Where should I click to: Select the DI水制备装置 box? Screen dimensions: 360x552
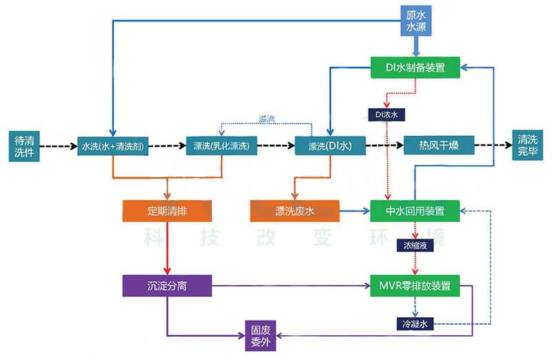pyautogui.click(x=415, y=68)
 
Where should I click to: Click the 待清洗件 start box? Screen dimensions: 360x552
pyautogui.click(x=23, y=146)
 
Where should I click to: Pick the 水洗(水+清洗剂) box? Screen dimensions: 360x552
pyautogui.click(x=112, y=146)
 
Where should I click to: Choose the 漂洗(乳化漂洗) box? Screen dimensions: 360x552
pyautogui.click(x=222, y=146)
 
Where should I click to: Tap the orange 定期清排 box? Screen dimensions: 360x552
pyautogui.click(x=167, y=210)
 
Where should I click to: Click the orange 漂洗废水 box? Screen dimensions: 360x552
pyautogui.click(x=295, y=210)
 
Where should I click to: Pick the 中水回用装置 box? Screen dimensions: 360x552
pyautogui.click(x=415, y=210)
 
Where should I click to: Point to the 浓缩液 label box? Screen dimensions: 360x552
pyautogui.click(x=414, y=245)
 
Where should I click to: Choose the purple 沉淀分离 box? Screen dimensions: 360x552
pyautogui.click(x=167, y=286)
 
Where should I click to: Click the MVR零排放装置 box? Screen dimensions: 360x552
pyautogui.click(x=415, y=286)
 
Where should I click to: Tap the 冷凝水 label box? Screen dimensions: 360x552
pyautogui.click(x=414, y=322)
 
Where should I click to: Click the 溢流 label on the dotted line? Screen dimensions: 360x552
pyautogui.click(x=266, y=118)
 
